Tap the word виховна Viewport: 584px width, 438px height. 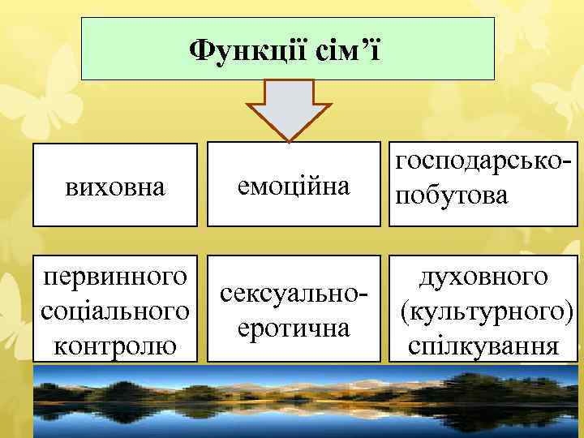114,188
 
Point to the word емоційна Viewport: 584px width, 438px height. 293,187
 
